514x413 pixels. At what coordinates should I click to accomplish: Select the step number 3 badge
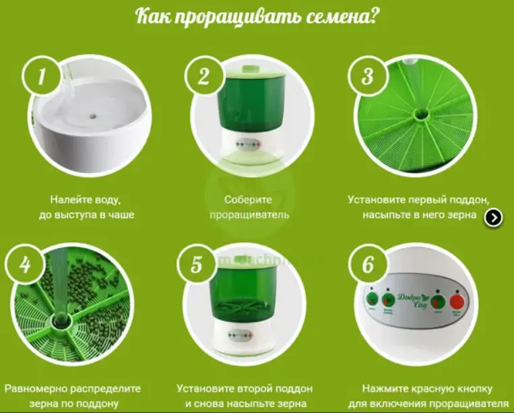[367, 76]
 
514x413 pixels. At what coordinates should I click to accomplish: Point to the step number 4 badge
[25, 264]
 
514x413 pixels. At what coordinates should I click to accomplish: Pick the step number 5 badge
[196, 264]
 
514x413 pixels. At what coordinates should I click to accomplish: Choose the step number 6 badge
[368, 264]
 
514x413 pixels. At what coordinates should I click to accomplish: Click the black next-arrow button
[494, 217]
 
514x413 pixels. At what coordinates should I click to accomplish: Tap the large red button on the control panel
[459, 300]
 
